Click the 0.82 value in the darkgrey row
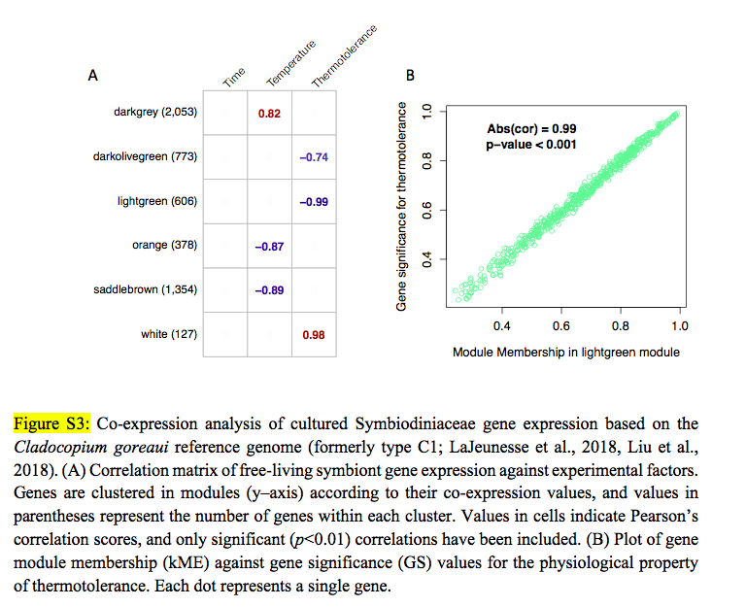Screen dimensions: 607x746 point(269,114)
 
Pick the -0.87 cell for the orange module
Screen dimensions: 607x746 point(269,247)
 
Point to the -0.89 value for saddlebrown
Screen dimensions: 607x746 point(269,290)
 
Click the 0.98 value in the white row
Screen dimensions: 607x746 point(313,335)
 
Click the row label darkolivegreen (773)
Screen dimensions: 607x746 point(145,156)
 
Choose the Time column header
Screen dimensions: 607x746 point(234,77)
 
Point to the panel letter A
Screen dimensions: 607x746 point(93,75)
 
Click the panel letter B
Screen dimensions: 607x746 point(410,75)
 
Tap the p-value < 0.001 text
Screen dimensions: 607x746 point(531,145)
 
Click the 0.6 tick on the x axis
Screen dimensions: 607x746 point(561,325)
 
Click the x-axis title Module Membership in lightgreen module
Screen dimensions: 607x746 point(565,352)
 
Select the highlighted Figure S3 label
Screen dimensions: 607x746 point(51,423)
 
